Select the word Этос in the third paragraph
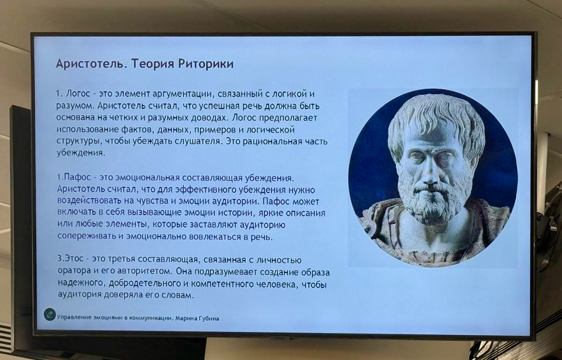tap(74, 260)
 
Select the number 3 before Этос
tap(60, 260)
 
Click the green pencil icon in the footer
tap(50, 315)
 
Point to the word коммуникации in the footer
tap(150, 318)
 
